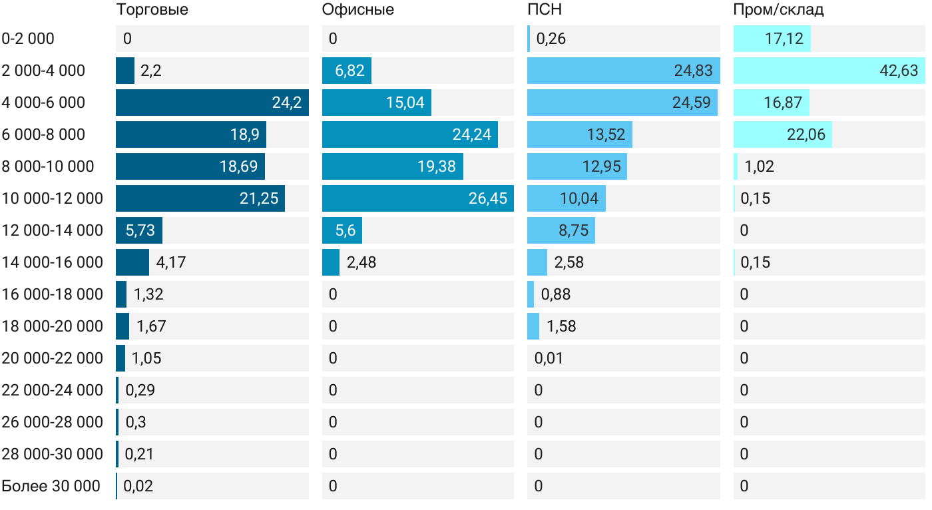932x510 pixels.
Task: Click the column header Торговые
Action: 152,9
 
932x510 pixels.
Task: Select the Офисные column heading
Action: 357,9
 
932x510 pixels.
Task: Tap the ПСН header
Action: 540,9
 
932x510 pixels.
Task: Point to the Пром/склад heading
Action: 778,9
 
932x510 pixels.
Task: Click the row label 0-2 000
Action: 28,39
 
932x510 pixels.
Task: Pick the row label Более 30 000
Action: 51,486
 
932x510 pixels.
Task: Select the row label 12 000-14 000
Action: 53,230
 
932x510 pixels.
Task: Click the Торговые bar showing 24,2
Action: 212,103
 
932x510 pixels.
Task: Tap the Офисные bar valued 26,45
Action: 417,198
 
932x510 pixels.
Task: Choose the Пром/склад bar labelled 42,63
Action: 829,71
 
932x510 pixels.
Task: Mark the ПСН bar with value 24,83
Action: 623,71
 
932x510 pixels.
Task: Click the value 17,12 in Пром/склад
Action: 784,39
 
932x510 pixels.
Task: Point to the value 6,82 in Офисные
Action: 346,71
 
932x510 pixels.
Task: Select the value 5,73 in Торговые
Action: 140,230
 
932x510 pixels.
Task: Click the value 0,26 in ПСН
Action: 551,39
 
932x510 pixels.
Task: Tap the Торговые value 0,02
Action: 138,486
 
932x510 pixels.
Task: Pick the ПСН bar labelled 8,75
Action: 561,230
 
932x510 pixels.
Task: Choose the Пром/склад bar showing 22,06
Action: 782,134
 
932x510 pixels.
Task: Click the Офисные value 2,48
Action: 361,262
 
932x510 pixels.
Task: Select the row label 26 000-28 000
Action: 53,422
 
